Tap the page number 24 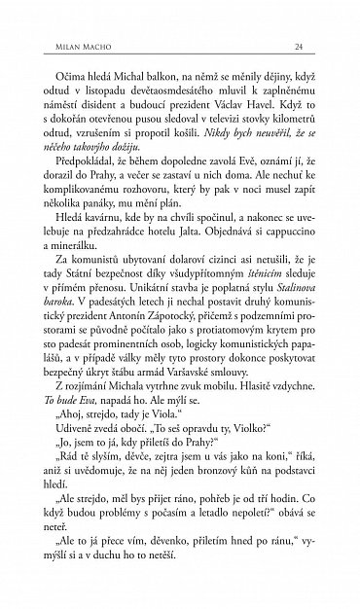301,47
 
